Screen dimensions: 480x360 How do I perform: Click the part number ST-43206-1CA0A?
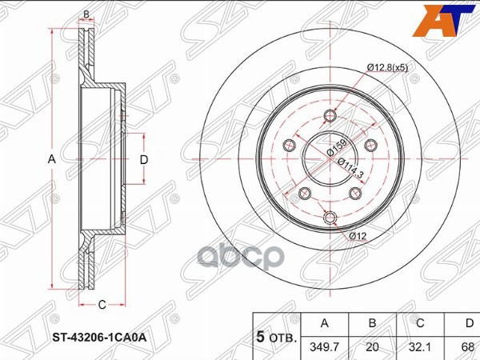99,338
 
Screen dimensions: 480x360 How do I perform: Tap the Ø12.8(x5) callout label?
387,68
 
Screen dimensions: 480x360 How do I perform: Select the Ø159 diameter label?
337,148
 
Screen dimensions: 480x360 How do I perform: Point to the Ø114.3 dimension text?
351,168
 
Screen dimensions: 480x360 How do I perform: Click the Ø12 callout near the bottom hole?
358,236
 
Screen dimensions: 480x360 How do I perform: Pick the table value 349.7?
325,347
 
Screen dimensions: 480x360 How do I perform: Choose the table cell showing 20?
372,347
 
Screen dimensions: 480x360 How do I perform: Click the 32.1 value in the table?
420,347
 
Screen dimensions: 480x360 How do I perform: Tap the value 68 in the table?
467,347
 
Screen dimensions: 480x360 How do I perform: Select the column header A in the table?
325,323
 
